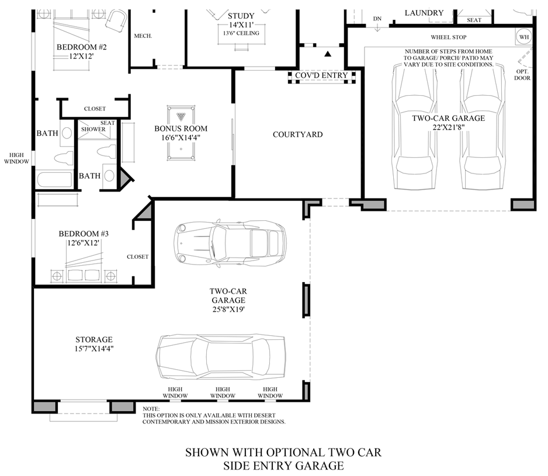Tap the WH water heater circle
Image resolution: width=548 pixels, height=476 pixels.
coord(523,37)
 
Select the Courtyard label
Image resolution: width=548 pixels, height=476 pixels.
coord(297,134)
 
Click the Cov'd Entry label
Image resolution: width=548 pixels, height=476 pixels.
coord(321,75)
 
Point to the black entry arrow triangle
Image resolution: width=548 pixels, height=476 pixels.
coord(328,54)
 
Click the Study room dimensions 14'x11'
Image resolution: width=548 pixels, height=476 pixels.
coord(241,25)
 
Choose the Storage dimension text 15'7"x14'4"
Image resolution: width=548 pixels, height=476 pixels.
coord(93,349)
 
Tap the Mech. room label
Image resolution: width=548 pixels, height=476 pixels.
coord(143,36)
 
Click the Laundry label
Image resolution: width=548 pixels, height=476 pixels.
coord(424,13)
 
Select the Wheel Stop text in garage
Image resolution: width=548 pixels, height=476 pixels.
coord(448,37)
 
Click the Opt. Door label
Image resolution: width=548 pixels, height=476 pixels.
coord(522,75)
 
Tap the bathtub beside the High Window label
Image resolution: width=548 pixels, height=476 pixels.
coord(55,179)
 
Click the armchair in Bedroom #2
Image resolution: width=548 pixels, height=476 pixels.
coord(116,22)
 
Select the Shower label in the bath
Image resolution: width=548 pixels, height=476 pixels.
coord(93,129)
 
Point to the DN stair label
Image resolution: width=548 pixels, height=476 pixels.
coord(377,19)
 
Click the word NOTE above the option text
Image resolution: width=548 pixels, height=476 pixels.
coord(150,409)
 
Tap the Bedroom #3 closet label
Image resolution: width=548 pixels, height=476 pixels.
coord(137,256)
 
